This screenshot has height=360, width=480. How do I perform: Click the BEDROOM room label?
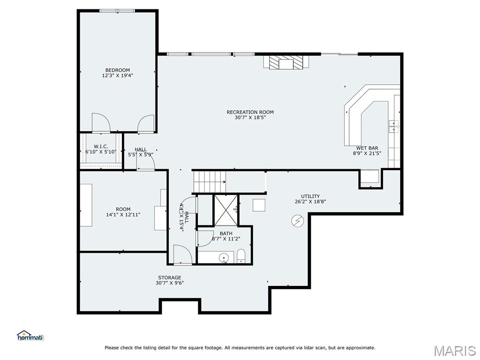point(118,70)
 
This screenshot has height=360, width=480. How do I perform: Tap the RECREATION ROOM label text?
point(250,112)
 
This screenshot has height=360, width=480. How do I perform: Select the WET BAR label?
point(367,148)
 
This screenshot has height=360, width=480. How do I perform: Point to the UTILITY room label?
point(310,196)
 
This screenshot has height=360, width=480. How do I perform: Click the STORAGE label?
point(170,277)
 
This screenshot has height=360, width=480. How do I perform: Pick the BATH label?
point(226,233)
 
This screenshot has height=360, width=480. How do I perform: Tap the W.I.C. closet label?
point(101,147)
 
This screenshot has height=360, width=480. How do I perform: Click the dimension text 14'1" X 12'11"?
point(123,215)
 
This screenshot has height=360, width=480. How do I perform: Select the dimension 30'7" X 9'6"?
point(170,283)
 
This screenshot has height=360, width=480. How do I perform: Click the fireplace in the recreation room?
point(286,62)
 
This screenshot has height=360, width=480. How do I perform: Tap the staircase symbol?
point(210,181)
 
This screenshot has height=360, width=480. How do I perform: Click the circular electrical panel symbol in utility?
point(298,220)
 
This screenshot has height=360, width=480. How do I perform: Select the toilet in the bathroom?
point(241,256)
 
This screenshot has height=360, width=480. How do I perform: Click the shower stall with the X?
point(225,210)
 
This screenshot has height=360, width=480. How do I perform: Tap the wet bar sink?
point(394,126)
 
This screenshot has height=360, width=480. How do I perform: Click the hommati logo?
point(30,336)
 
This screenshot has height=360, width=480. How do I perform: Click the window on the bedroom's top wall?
point(117,11)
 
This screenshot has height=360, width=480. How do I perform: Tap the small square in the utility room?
point(259,205)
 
